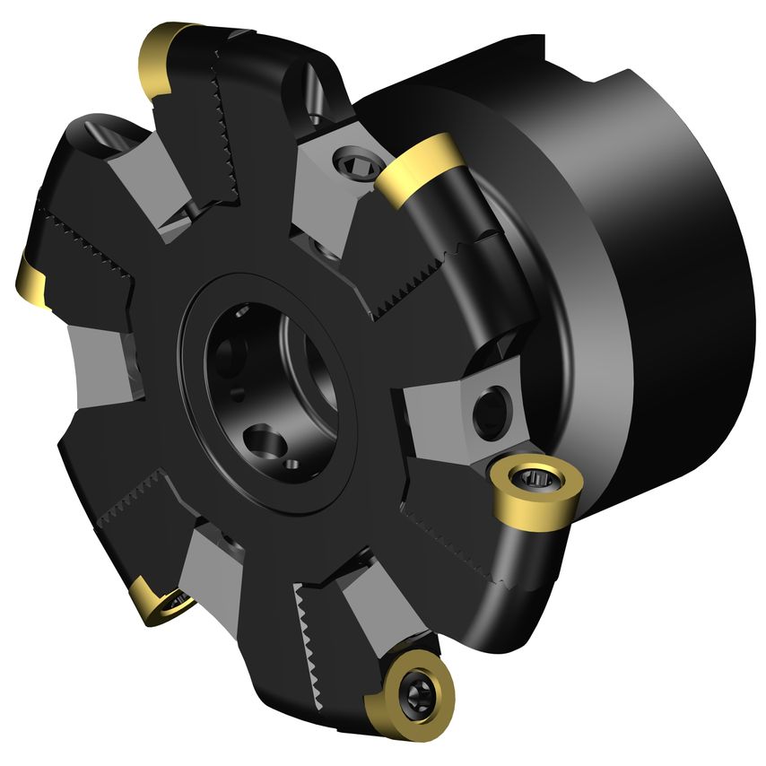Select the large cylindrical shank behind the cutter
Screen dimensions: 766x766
tap(655, 269)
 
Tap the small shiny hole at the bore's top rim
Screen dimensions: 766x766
tap(242, 312)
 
